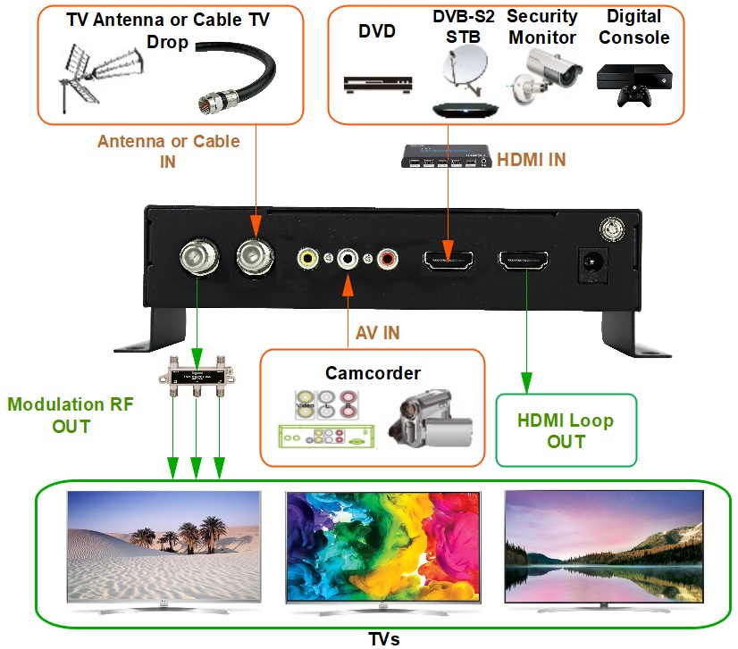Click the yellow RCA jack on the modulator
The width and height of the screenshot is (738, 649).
pos(308,259)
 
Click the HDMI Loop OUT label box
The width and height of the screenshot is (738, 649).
pos(566,430)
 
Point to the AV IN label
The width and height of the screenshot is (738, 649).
pos(377,333)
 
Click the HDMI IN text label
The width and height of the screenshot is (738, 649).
pos(531,160)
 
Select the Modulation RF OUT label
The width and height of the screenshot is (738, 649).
pos(71,415)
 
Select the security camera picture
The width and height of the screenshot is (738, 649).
pos(542,75)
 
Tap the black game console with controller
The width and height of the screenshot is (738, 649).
pos(635,84)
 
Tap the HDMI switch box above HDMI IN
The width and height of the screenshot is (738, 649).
pos(445,155)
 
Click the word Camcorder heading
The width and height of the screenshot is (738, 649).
pos(373,373)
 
